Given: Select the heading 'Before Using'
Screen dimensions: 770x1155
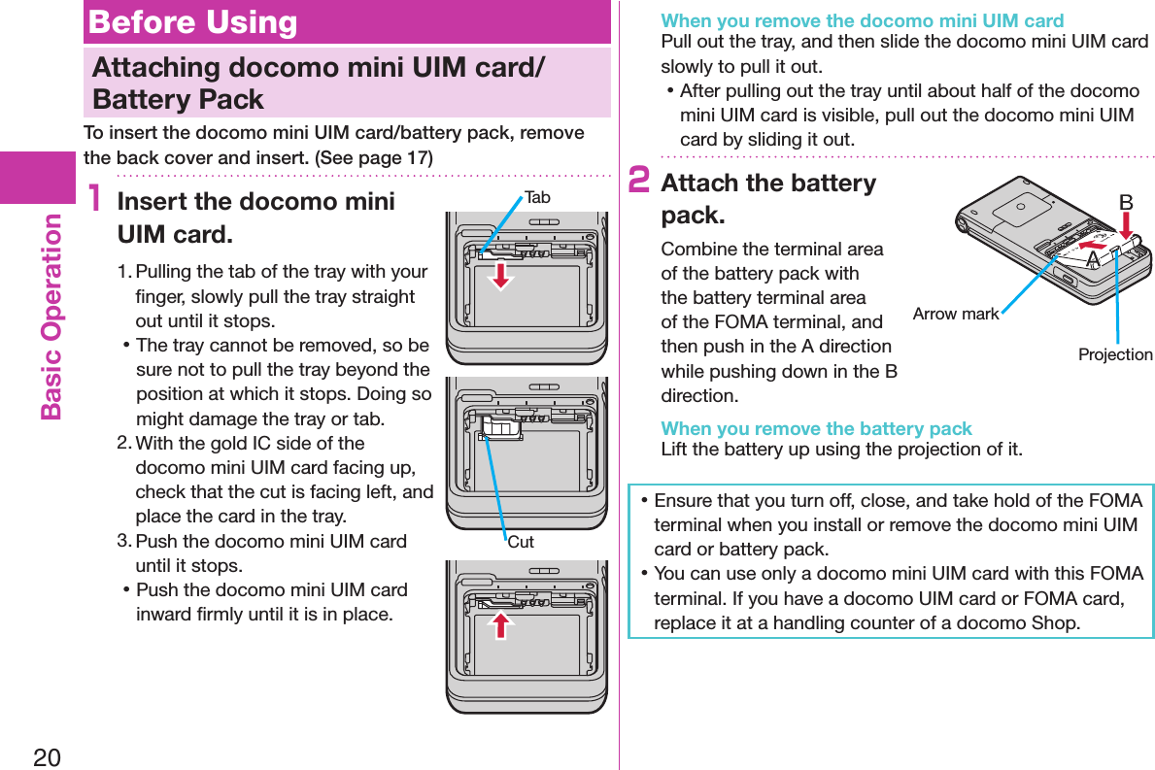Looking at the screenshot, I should click(x=192, y=22).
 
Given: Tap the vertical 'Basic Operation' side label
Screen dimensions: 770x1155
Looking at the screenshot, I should click(x=51, y=317).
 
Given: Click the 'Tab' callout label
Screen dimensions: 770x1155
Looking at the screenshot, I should click(x=537, y=198).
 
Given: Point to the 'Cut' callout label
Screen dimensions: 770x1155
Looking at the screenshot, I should click(x=521, y=543).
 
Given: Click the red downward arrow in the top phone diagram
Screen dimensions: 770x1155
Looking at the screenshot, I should click(x=500, y=275).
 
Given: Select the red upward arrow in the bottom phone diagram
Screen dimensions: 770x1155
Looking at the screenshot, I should click(x=500, y=624).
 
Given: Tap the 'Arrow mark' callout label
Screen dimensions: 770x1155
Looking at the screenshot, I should click(x=956, y=314).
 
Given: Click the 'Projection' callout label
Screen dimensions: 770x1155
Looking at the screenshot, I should click(x=1115, y=355).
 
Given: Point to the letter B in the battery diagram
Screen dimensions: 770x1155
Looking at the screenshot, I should click(x=1126, y=203).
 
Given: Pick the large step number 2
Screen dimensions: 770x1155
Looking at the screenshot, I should click(x=639, y=182).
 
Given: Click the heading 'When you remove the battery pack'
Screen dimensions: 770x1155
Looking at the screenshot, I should click(x=816, y=428).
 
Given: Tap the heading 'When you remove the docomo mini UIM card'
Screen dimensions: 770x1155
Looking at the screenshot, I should click(x=862, y=20).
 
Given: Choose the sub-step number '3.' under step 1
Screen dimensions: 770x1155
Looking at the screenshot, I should click(x=123, y=540).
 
